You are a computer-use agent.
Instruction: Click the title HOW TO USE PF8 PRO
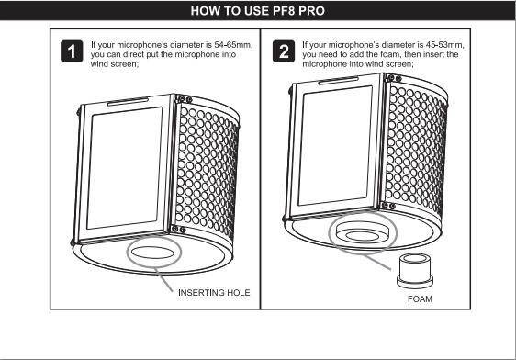point(258,11)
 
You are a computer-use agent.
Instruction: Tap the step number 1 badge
point(72,51)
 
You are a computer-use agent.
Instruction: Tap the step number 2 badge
point(284,51)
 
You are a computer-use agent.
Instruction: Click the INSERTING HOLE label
point(214,293)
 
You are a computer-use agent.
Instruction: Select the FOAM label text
point(420,299)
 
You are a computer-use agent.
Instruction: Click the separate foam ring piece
point(415,271)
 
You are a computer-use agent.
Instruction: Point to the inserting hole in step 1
point(152,253)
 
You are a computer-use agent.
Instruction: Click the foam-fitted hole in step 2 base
point(363,232)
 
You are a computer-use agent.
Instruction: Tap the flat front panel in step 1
point(124,168)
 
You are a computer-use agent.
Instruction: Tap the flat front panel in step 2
point(335,145)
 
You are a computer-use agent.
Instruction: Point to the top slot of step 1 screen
point(128,101)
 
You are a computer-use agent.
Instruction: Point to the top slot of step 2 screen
point(338,81)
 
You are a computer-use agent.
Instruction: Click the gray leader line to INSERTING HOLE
point(163,280)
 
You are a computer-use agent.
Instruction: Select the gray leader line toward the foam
point(377,262)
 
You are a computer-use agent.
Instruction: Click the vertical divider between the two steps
point(261,169)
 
